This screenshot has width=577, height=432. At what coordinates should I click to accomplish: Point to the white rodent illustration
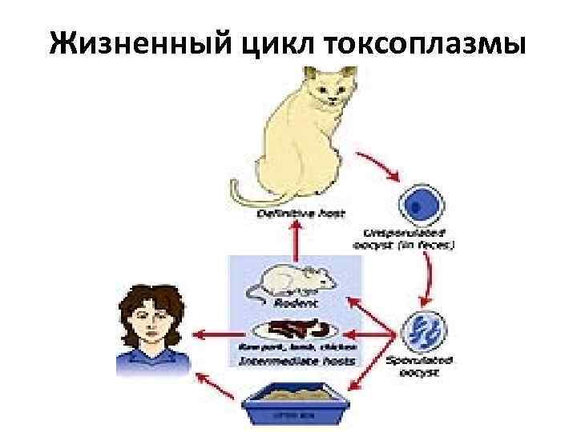tap(292, 281)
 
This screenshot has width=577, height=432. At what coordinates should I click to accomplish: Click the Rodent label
tap(293, 304)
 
